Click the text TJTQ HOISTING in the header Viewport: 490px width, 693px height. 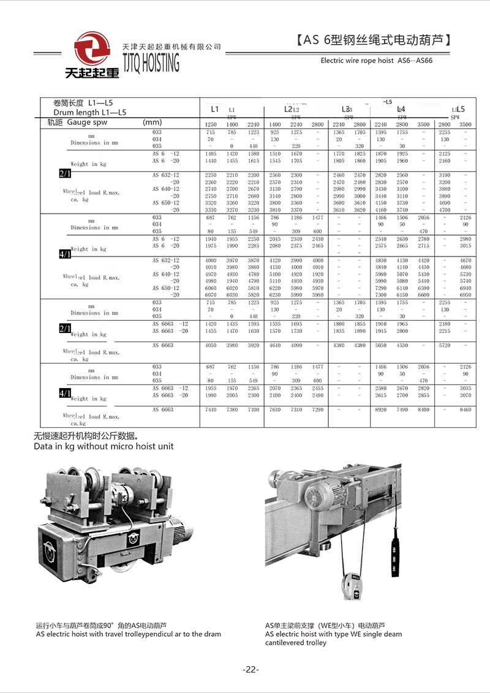coord(151,62)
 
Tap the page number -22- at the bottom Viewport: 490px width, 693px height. coord(251,670)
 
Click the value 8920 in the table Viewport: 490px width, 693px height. coord(381,410)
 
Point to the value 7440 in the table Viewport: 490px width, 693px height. coord(211,410)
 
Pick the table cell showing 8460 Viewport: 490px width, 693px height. coord(466,410)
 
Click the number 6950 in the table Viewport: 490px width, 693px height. coord(466,295)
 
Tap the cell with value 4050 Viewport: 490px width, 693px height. coord(211,345)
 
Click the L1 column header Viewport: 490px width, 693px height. coord(214,109)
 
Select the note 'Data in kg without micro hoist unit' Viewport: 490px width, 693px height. coord(104,446)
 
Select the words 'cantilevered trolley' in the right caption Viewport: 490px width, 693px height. coord(296,643)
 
